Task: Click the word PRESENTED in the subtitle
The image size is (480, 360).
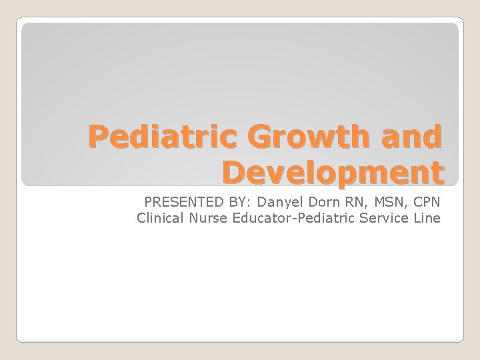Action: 177,202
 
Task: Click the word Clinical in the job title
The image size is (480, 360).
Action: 158,217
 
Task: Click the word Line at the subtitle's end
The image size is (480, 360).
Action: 427,217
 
